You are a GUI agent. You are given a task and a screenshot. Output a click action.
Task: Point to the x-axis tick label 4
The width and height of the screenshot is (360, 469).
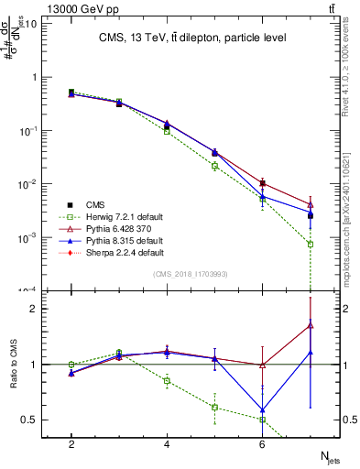(167, 444)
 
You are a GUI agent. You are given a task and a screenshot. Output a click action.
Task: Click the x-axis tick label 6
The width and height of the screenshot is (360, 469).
(262, 444)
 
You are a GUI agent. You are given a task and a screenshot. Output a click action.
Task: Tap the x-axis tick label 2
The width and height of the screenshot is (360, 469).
(71, 444)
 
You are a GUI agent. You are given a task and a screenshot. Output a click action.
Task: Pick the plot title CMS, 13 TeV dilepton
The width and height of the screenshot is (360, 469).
(192, 38)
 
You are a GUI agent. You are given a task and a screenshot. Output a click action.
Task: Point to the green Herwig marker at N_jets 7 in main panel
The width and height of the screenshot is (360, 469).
(311, 244)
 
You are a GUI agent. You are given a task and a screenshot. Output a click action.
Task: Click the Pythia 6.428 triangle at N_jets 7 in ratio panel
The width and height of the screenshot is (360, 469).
(311, 324)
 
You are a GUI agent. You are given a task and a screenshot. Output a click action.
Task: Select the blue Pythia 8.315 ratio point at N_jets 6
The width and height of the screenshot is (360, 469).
(263, 410)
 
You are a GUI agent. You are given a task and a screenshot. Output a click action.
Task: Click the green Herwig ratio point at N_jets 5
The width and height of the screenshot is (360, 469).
(215, 407)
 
